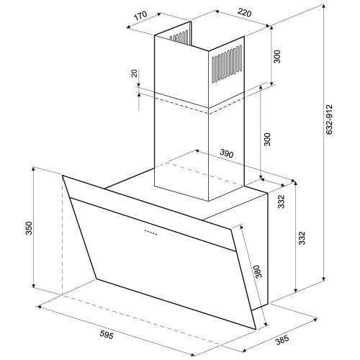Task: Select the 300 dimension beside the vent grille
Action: click(276, 57)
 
